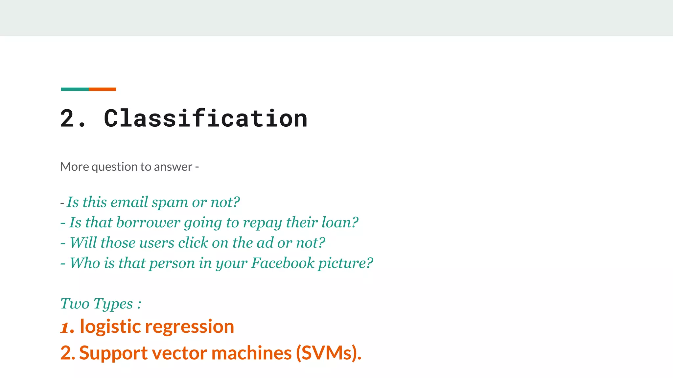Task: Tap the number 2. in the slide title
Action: pyautogui.click(x=73, y=119)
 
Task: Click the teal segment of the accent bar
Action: pyautogui.click(x=75, y=89)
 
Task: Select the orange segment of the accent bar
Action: pyautogui.click(x=102, y=89)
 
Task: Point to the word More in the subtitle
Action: pyautogui.click(x=75, y=167)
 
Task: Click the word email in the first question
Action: pyautogui.click(x=129, y=202)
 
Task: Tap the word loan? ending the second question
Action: pyautogui.click(x=340, y=222)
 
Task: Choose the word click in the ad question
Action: pyautogui.click(x=193, y=243)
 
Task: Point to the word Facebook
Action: pyautogui.click(x=283, y=263)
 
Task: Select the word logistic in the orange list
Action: pyautogui.click(x=110, y=327)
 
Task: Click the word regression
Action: pyautogui.click(x=190, y=327)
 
